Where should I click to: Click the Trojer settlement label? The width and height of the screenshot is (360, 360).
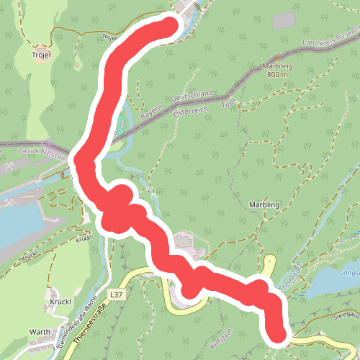click(42, 54)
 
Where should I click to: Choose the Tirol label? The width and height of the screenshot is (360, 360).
click(228, 105)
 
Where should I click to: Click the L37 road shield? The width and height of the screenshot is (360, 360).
click(118, 294)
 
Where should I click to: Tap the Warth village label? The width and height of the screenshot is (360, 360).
click(40, 332)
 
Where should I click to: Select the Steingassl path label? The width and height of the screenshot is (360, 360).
click(346, 315)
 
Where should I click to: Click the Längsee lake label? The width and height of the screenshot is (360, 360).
click(349, 272)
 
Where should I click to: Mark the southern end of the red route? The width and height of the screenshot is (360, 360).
click(278, 333)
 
